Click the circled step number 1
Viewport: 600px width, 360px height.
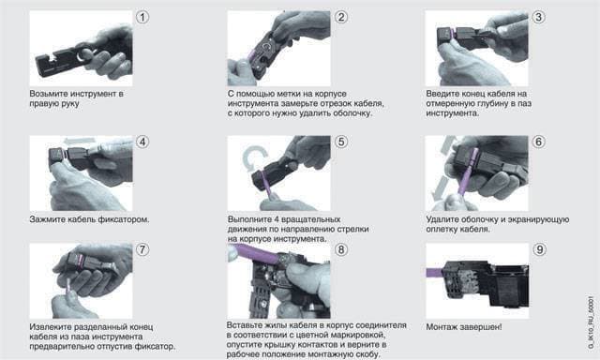click(142, 17)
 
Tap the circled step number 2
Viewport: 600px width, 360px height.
click(341, 17)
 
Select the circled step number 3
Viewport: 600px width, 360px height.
click(539, 17)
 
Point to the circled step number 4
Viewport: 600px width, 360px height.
click(142, 142)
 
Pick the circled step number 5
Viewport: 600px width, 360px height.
click(341, 142)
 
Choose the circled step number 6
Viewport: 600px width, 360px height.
click(539, 142)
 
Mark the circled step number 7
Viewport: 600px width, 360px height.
click(142, 249)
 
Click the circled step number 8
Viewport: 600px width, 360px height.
click(341, 249)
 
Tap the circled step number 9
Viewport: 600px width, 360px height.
click(539, 249)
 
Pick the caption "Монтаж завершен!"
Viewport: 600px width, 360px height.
click(464, 327)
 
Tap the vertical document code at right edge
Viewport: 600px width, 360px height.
click(591, 322)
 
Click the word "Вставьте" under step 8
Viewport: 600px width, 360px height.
click(244, 325)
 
